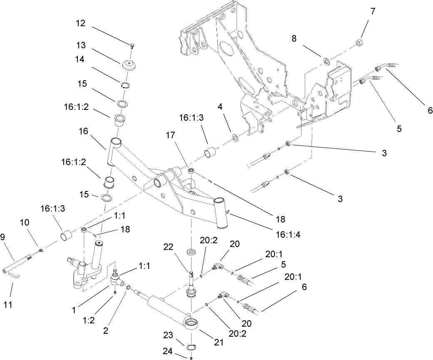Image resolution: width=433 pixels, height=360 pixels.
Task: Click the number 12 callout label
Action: tap(80, 24)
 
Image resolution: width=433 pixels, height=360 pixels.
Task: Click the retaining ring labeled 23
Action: tap(191, 348)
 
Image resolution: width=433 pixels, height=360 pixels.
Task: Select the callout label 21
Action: tap(218, 343)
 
